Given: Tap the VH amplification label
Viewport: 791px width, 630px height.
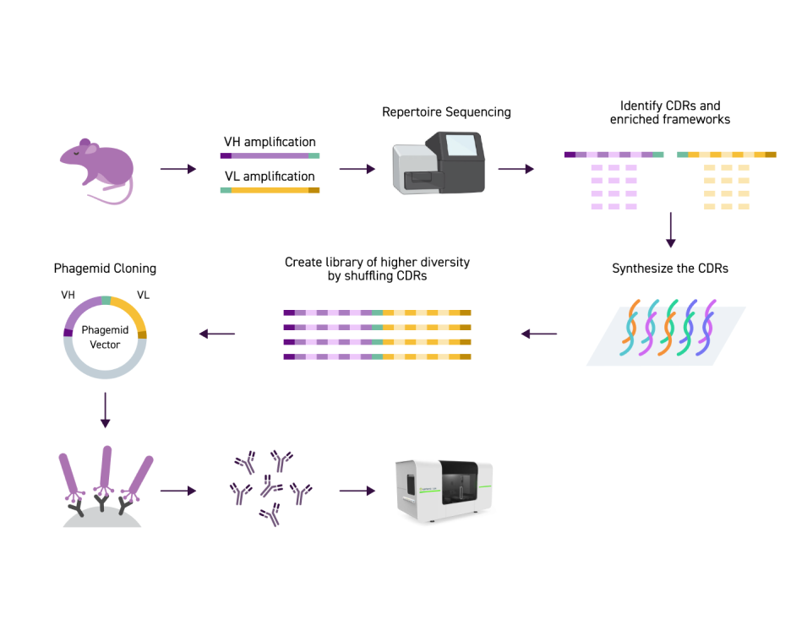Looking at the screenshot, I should (270, 142).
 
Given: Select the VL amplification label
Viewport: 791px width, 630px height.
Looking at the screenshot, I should (270, 177).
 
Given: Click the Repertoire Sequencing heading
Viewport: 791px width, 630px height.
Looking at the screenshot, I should (446, 111).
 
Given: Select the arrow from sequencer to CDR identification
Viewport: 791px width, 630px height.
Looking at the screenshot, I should (516, 169).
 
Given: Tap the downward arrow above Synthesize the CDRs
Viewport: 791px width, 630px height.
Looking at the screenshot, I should (670, 230).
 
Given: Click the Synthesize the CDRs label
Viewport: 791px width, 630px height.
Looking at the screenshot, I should (670, 269).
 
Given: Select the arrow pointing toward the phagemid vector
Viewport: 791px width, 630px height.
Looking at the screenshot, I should (217, 334).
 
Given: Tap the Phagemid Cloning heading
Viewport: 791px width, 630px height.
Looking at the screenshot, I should (105, 269).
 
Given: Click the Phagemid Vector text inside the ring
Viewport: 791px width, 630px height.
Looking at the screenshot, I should (106, 338).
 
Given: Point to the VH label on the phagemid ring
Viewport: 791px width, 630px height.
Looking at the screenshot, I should (69, 296).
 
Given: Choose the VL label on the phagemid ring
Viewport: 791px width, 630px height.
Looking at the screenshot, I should (143, 296).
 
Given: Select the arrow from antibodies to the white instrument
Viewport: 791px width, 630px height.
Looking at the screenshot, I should (357, 490).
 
